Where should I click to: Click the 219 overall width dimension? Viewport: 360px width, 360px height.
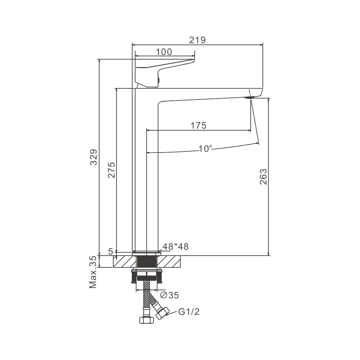[x=197, y=40]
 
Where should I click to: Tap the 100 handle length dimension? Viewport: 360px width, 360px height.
[x=164, y=52]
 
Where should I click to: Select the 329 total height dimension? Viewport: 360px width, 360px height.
[x=94, y=157]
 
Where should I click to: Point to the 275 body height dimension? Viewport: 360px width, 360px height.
[x=112, y=170]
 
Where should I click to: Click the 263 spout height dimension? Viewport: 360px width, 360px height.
[x=263, y=176]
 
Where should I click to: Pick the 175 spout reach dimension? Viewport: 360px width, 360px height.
[x=199, y=126]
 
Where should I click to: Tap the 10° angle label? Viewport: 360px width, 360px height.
[x=205, y=149]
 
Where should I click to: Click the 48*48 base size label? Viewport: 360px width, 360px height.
[x=176, y=246]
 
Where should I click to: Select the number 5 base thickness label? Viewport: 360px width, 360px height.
[x=111, y=252]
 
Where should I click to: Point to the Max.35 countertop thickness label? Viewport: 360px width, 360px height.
[x=93, y=272]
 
